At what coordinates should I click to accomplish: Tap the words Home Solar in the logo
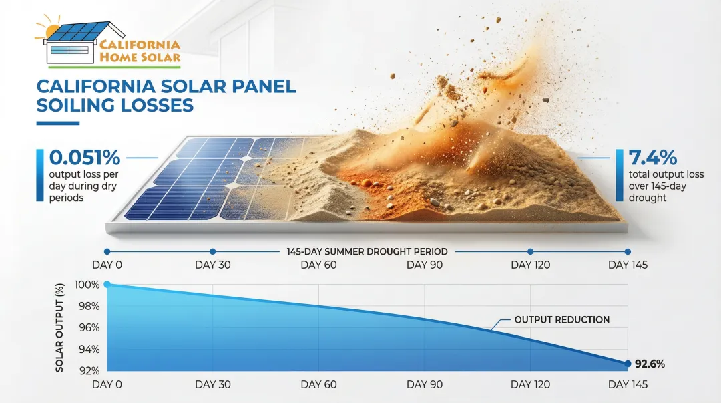pos(140,57)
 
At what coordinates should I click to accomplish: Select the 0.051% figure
pos(85,158)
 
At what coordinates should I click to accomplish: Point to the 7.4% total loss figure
pos(652,158)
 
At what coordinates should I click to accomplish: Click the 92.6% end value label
pos(650,364)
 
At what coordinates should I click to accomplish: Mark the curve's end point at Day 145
pos(628,364)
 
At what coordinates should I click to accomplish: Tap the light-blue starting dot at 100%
pos(107,285)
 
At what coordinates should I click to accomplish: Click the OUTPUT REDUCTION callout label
pos(562,319)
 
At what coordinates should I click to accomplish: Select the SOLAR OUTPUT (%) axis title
pos(59,327)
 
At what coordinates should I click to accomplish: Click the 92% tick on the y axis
pos(89,371)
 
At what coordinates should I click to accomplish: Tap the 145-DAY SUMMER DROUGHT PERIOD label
pos(367,251)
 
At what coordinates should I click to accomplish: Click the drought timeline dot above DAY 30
pos(212,251)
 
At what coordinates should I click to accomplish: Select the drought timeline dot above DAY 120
pos(530,251)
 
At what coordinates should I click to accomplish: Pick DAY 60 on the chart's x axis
pos(318,384)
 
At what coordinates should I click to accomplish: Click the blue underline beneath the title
pos(58,123)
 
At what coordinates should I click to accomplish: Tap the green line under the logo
pos(114,68)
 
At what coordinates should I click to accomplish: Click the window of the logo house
pos(69,49)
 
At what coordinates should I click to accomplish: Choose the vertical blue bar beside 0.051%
pos(40,175)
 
